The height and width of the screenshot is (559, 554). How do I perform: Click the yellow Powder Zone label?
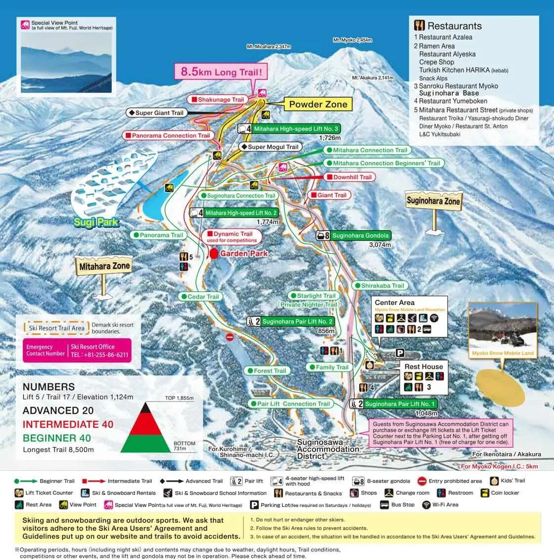[318, 104]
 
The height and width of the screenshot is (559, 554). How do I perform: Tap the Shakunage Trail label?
[217, 100]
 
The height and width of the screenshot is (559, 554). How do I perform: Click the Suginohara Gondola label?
[355, 236]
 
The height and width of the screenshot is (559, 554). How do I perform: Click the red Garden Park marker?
[214, 254]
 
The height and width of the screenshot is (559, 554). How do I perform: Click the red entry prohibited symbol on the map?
[229, 337]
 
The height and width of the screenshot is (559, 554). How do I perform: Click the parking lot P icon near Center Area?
[400, 353]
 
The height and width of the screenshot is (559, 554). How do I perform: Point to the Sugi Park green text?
[95, 222]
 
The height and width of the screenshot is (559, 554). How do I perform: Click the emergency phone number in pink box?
[99, 355]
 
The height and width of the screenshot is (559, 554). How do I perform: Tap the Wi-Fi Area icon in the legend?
[426, 505]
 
